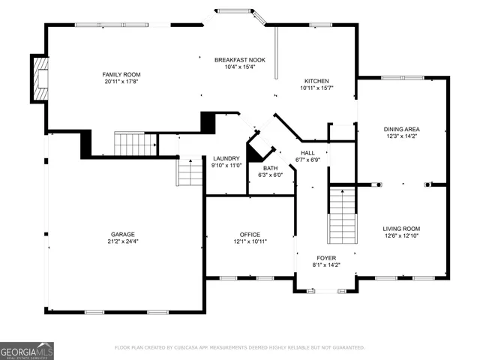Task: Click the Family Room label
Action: pos(121,74)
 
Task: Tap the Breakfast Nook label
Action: pos(239,59)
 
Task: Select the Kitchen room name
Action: pos(316,81)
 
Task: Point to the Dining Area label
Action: pos(402,129)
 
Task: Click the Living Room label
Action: pos(402,229)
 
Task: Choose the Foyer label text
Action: pos(326,257)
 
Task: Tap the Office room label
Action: pos(250,234)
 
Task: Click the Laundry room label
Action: pos(226,158)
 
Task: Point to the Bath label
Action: pos(270,168)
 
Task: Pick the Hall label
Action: pos(308,152)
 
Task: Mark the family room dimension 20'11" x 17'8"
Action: pos(121,82)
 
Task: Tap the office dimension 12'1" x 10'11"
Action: pos(250,241)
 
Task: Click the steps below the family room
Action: pos(135,142)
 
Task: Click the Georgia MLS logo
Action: pos(27,350)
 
